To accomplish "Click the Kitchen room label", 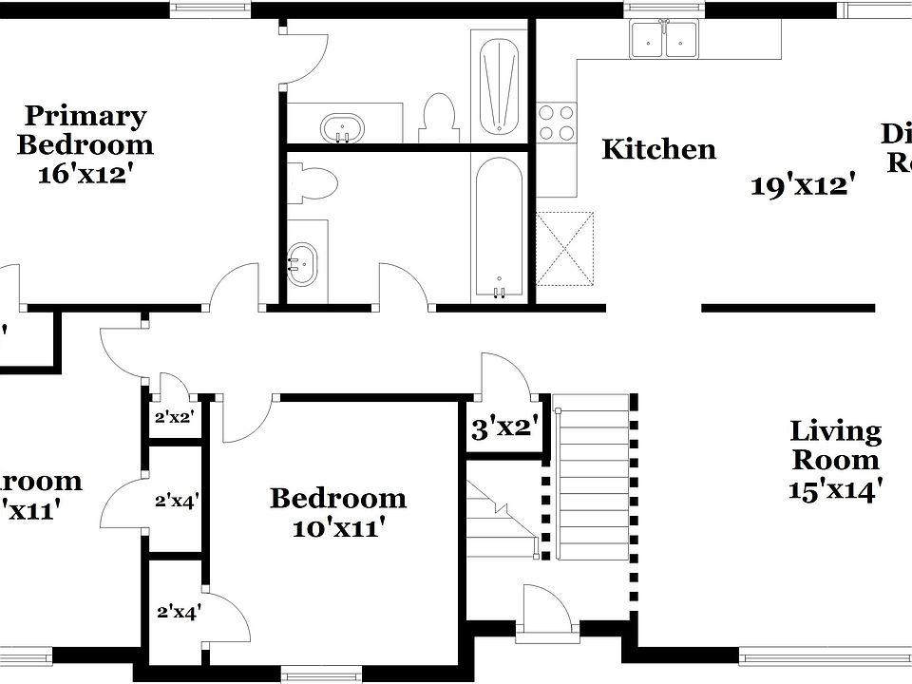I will (659, 149).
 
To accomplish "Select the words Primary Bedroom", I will (85, 130).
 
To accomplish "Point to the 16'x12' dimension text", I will (84, 175).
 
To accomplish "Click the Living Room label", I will (836, 445).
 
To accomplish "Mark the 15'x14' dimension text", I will (836, 489).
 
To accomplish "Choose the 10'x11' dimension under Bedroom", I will (338, 528).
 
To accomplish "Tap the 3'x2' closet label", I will (504, 428).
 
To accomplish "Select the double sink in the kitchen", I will (664, 39).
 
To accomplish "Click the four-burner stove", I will (557, 122).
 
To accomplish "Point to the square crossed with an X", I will (565, 248).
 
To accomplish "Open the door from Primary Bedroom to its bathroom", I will (302, 57).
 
